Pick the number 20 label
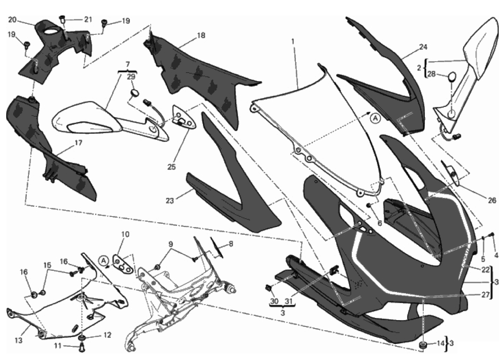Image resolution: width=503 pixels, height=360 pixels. pyautogui.click(x=12, y=20)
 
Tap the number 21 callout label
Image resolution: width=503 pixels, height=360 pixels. pyautogui.click(x=88, y=19)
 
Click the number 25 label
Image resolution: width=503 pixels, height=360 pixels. pyautogui.click(x=171, y=167)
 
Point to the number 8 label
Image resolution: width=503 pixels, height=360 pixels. pyautogui.click(x=230, y=244)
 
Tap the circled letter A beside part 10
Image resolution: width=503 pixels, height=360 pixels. pyautogui.click(x=103, y=259)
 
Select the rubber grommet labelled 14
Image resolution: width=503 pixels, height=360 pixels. pyautogui.click(x=423, y=344)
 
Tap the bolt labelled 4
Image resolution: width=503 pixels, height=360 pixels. pyautogui.click(x=492, y=234)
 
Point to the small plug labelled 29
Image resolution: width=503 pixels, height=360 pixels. pyautogui.click(x=135, y=93)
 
